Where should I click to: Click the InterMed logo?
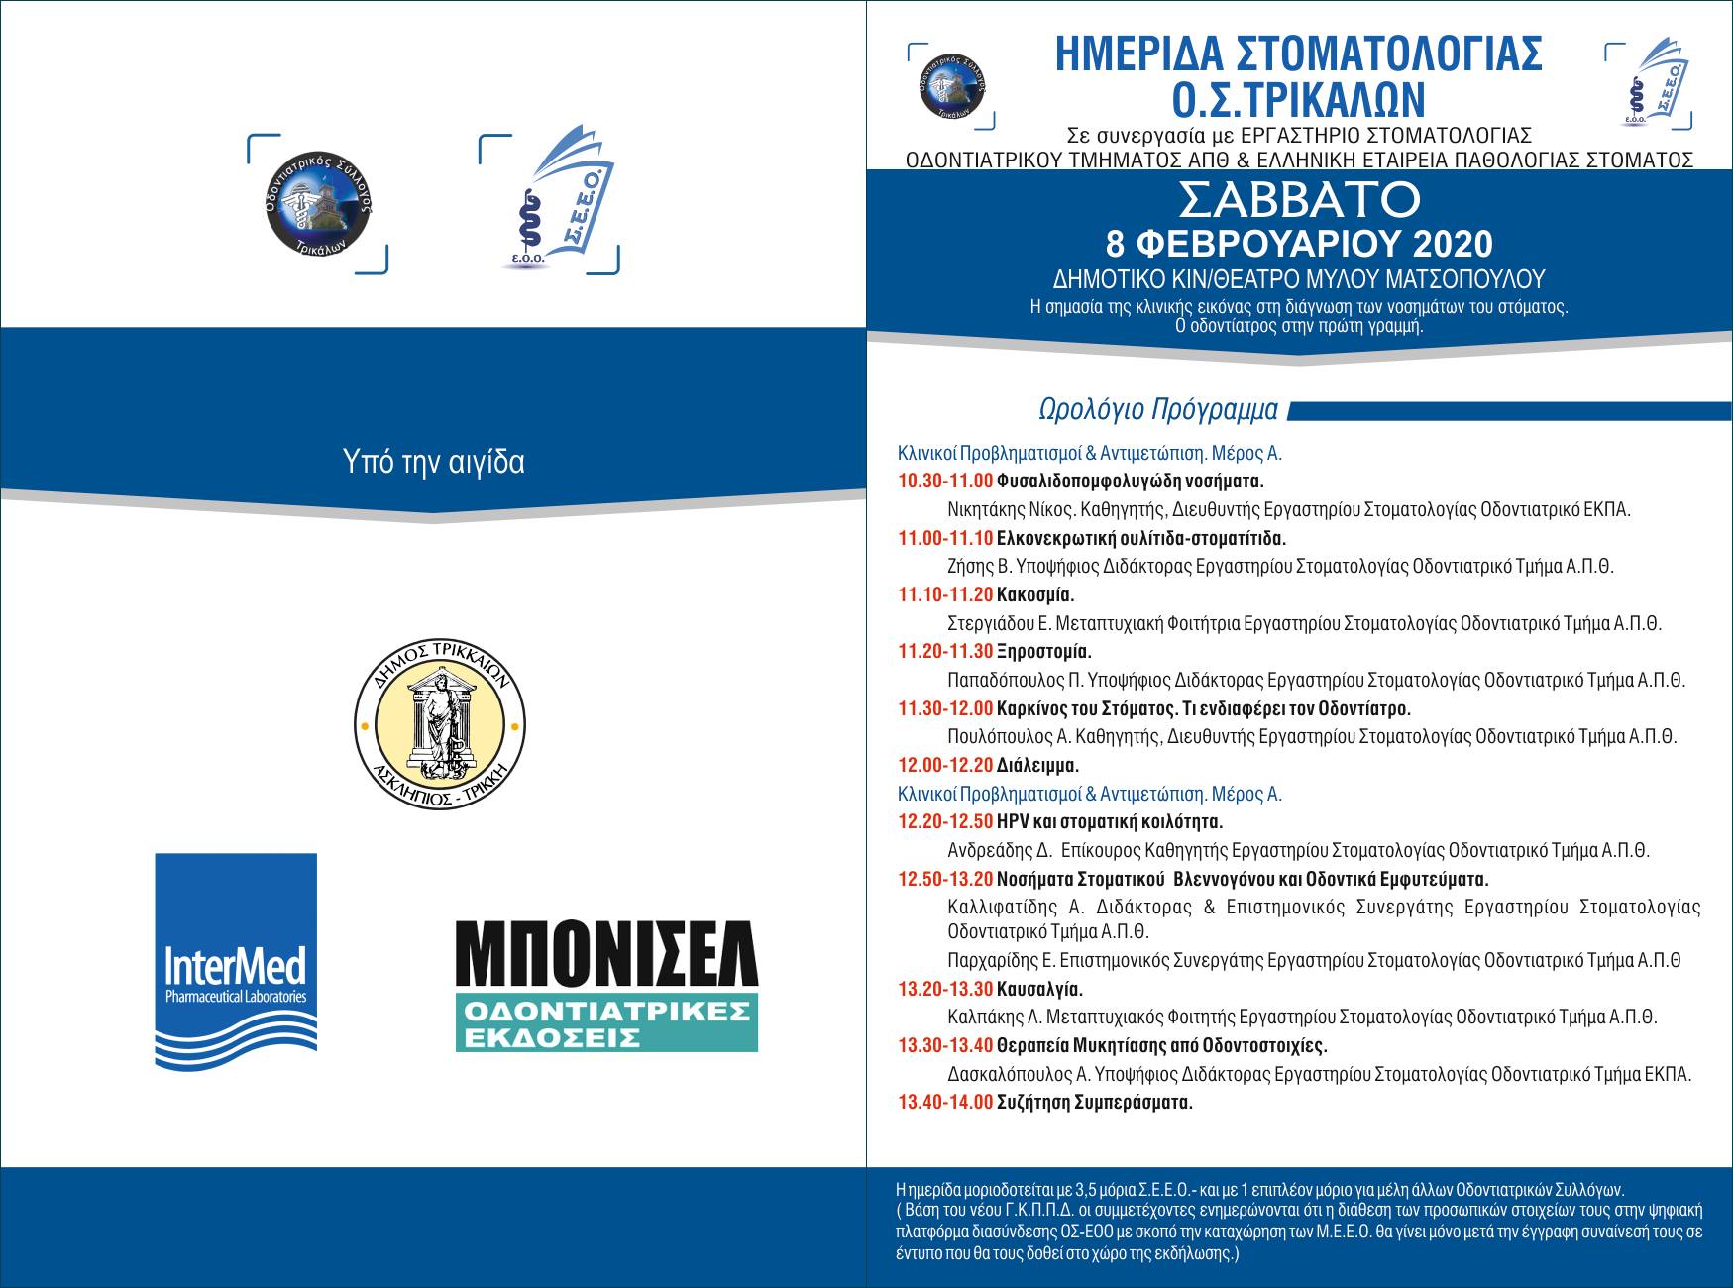coord(236,961)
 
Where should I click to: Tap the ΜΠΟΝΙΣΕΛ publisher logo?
coord(605,985)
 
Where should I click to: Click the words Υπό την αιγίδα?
coord(433,462)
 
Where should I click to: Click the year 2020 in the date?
coord(1446,244)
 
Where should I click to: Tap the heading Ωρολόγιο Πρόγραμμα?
coord(1157,410)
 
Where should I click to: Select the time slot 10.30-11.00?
coord(944,483)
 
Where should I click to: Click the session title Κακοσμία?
coord(1035,595)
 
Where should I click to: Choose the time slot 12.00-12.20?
coord(944,766)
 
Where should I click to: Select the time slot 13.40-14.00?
coord(944,1103)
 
